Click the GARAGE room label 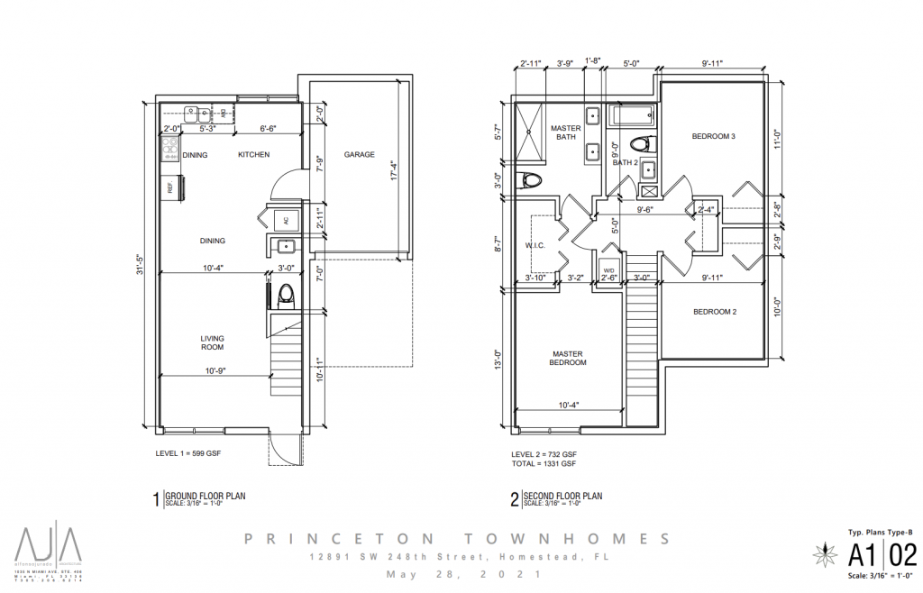[x=359, y=155]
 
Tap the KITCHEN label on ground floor [x=253, y=155]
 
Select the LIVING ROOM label [x=212, y=342]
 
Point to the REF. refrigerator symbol [x=169, y=187]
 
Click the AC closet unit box [x=286, y=220]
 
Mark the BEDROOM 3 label [x=714, y=137]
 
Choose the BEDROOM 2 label [x=715, y=312]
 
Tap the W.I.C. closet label [x=536, y=244]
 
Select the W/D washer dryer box [x=608, y=269]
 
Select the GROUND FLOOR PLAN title [x=205, y=495]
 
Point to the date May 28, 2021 [x=461, y=574]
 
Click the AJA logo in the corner [x=48, y=543]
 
